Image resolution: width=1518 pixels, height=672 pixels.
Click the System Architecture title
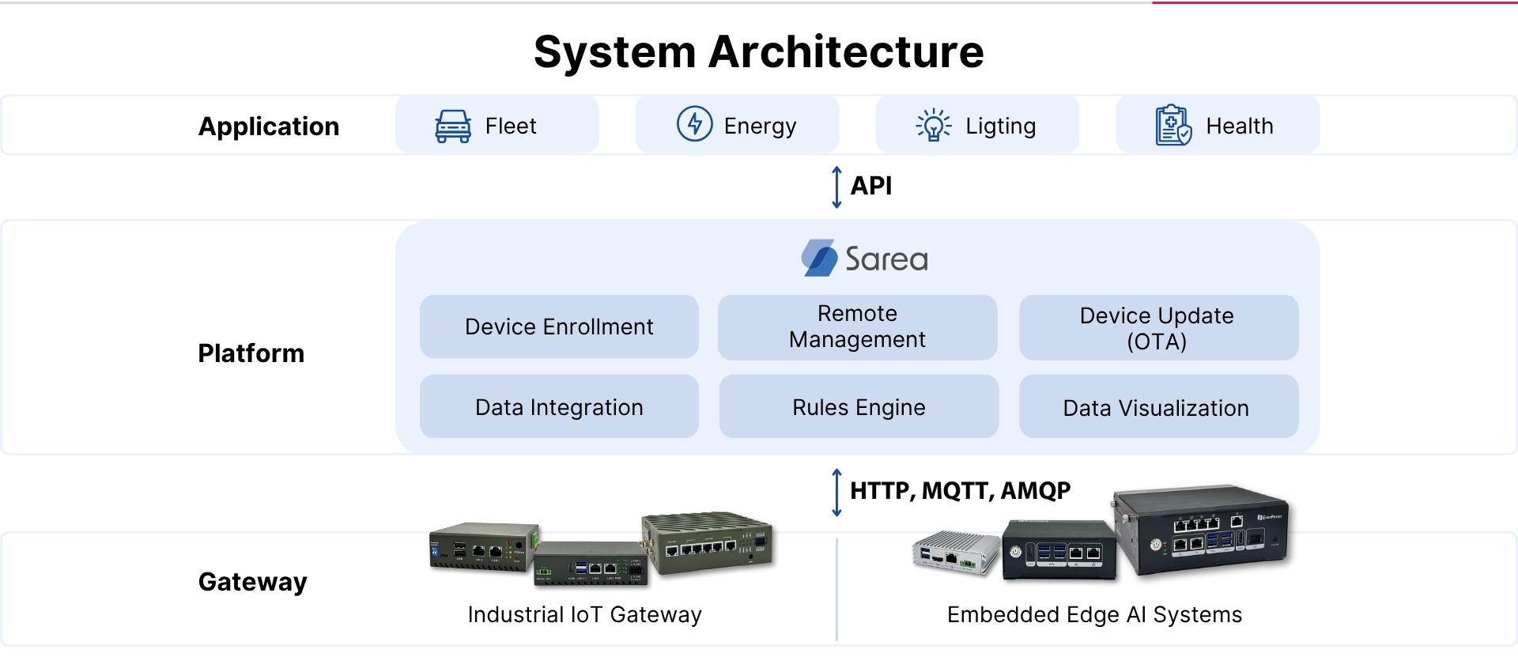coord(759,53)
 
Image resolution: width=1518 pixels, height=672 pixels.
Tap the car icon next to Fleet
coord(453,126)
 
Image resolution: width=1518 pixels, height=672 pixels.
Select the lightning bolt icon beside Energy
coord(695,124)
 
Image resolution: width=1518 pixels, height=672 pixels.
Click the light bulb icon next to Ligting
coord(934,125)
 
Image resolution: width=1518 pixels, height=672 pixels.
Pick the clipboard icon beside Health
coord(1173,125)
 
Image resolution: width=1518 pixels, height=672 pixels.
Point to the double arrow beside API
coord(836,187)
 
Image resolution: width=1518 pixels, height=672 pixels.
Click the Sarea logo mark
coord(819,258)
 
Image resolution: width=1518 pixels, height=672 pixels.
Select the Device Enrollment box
coord(559,327)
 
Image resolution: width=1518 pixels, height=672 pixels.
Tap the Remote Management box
coord(858,327)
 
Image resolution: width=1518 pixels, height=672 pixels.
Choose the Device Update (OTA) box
coord(1159,327)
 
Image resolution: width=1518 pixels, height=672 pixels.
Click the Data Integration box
coord(559,406)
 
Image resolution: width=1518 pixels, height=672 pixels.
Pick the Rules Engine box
coord(859,406)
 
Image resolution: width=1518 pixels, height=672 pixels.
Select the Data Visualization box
coord(1159,406)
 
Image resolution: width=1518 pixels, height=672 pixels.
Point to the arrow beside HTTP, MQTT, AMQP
coord(836,493)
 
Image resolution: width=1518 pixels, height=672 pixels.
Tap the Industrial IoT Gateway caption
coord(585,614)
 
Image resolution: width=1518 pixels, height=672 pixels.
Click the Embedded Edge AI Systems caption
coord(1095,614)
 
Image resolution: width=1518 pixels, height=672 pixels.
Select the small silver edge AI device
coord(955,552)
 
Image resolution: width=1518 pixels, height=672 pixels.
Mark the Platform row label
coord(251,353)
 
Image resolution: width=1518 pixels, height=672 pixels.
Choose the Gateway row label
coord(253,582)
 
